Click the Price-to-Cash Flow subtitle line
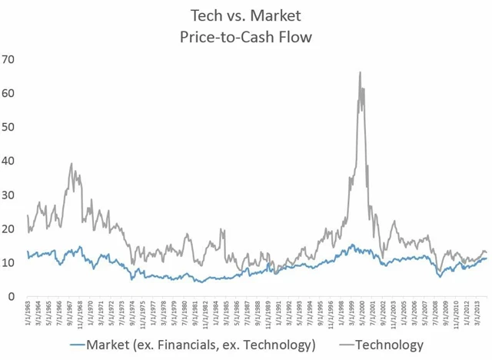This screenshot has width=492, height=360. (x=246, y=36)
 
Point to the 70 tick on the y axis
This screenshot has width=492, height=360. (x=10, y=59)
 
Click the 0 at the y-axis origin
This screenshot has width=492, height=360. (x=13, y=296)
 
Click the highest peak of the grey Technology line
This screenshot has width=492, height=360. (x=360, y=72)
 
